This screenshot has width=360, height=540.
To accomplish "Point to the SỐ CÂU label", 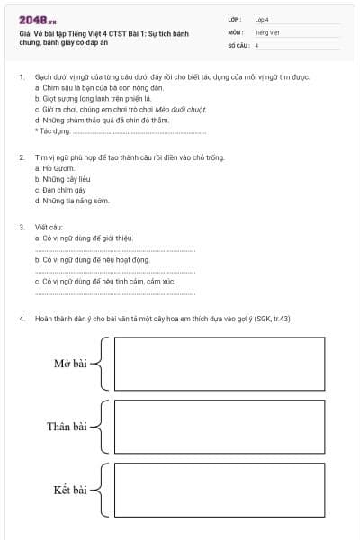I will (238, 44).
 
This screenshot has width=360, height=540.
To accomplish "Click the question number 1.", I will (22, 78).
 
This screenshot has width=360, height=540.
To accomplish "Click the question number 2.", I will (22, 157).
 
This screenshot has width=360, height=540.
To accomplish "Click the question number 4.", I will (22, 319).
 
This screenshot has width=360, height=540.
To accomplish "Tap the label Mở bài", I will (70, 363).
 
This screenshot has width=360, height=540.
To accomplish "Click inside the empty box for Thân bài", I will (219, 427).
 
